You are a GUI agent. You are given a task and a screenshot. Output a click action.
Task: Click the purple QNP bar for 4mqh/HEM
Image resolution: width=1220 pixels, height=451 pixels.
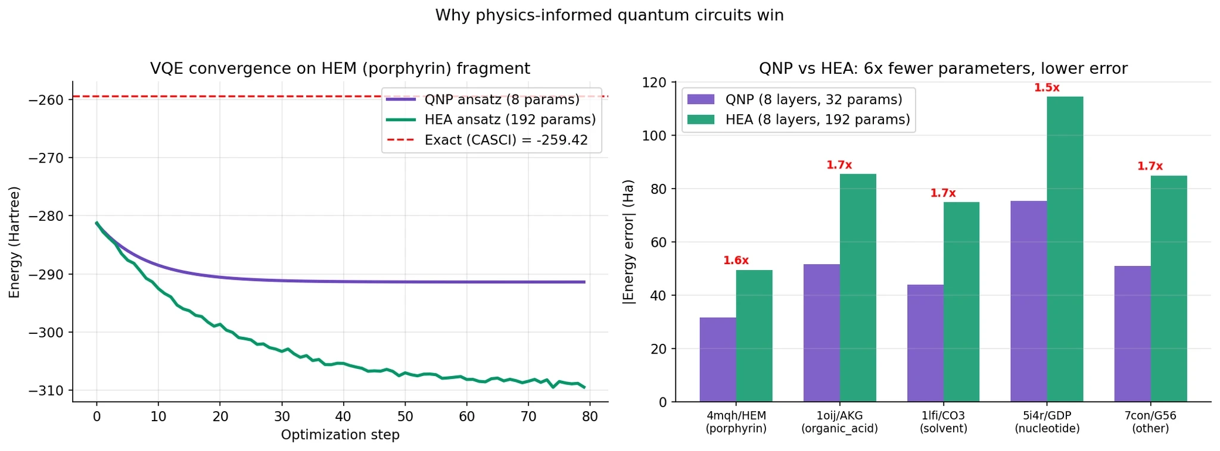[718, 359]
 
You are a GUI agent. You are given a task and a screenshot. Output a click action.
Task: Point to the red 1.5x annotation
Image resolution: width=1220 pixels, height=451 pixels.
[1047, 88]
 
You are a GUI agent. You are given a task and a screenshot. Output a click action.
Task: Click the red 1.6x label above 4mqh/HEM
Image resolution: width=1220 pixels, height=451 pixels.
[736, 261]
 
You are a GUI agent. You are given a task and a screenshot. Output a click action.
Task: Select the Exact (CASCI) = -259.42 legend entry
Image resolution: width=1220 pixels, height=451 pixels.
[506, 140]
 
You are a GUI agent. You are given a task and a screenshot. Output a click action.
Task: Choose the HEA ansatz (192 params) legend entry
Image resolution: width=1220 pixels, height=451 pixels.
[510, 120]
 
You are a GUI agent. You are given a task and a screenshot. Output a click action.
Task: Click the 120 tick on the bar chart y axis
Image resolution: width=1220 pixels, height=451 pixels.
[657, 82]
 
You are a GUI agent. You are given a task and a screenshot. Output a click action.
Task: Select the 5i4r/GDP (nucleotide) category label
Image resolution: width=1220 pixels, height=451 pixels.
[1047, 422]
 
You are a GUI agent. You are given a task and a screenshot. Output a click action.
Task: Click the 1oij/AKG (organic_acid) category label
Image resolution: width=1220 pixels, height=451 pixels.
[839, 422]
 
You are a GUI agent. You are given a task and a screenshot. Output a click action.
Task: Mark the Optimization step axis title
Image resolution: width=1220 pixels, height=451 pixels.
[340, 435]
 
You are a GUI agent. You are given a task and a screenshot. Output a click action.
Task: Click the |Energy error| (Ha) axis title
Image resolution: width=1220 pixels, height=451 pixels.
[629, 242]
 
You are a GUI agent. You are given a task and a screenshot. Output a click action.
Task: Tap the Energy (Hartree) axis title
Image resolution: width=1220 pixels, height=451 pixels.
[14, 242]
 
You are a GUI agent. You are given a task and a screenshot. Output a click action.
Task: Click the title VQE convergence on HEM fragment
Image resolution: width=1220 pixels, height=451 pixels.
[340, 69]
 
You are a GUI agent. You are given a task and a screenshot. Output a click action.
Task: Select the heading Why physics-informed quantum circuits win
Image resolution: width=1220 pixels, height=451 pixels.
[609, 15]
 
